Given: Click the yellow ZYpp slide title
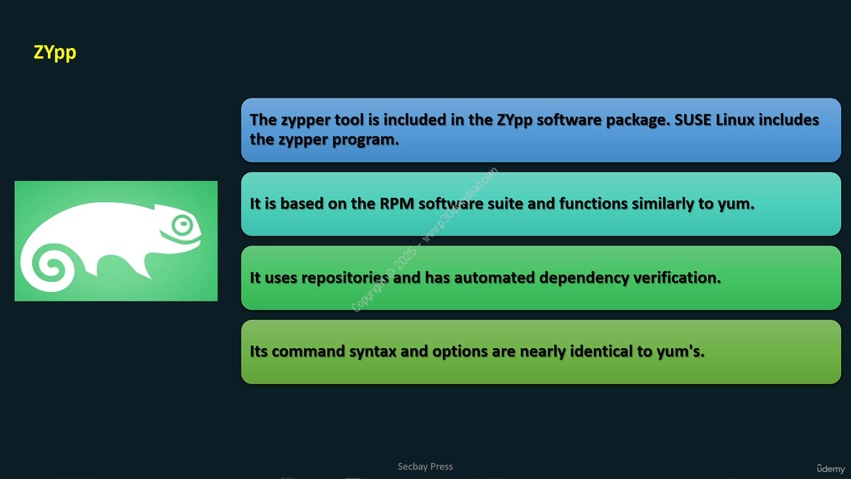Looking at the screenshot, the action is point(55,53).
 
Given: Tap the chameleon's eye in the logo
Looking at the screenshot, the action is point(183,225).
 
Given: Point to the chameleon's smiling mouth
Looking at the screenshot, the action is point(180,239).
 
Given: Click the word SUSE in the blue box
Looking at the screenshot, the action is point(692,120).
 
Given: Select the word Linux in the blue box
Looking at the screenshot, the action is point(735,120).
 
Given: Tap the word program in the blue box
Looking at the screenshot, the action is point(365,140).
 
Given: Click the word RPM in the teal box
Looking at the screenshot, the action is point(397,204).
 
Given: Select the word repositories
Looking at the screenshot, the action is point(345,278).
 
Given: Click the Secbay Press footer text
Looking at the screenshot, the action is point(425,466).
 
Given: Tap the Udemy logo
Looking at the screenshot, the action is point(830,469).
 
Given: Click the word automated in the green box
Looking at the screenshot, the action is point(494,277).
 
